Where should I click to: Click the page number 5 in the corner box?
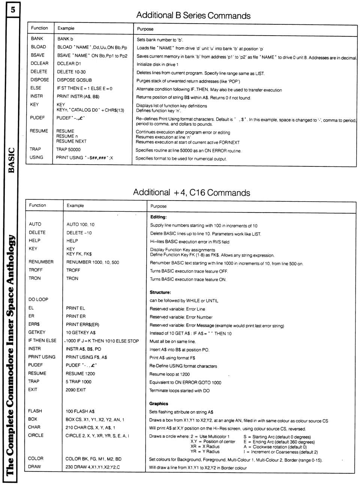12,10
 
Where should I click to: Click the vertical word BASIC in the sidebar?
11,160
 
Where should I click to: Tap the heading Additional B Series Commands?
193,15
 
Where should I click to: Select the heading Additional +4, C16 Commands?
191,193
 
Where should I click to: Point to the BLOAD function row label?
38,47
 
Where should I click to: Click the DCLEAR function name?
39,63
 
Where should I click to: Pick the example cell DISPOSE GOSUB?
74,80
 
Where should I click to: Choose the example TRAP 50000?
68,149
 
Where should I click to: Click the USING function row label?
36,157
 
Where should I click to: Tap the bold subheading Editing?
158,217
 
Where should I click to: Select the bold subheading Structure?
160,292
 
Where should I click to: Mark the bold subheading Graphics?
159,404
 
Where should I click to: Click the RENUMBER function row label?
41,262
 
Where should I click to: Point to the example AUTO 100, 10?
80,225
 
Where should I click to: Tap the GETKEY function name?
37,332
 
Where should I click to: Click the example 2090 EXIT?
75,390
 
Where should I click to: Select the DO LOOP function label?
38,299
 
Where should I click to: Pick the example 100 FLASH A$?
80,411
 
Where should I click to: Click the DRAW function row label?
34,467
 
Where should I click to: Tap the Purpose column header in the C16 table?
158,206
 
